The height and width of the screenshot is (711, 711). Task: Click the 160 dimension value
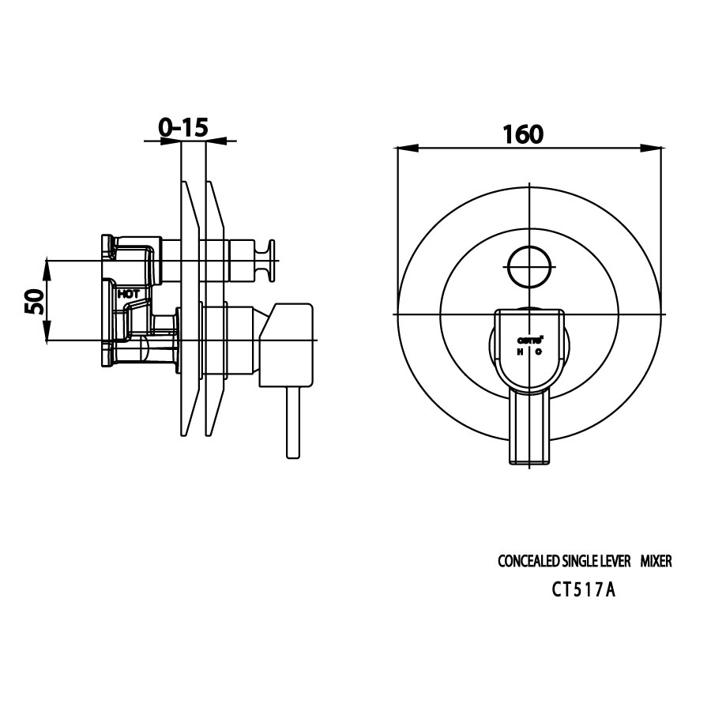523,134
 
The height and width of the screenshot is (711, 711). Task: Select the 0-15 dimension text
182,127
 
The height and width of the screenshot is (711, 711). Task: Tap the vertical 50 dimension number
33,301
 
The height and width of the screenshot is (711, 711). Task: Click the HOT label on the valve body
128,293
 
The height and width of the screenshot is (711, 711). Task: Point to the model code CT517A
583,589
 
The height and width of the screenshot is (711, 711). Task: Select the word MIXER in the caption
655,562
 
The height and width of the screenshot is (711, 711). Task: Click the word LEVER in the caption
615,562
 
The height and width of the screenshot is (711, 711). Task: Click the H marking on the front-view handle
521,352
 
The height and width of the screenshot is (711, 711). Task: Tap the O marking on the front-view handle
538,352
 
